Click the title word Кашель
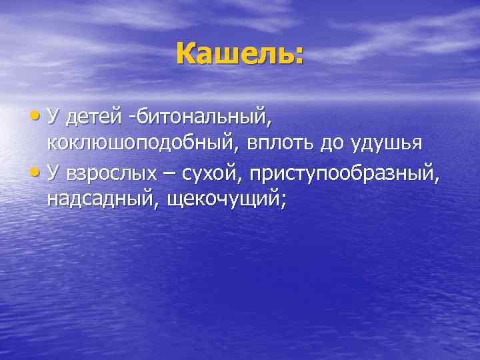click(x=233, y=53)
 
